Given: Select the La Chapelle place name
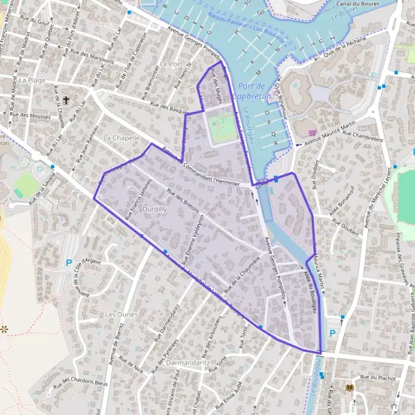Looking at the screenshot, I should (x=116, y=138).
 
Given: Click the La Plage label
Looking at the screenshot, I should (x=33, y=80).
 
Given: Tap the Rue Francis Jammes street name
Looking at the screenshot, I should (x=138, y=199).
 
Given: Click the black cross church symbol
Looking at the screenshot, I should (x=66, y=100).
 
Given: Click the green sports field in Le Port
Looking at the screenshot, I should (x=223, y=129).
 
